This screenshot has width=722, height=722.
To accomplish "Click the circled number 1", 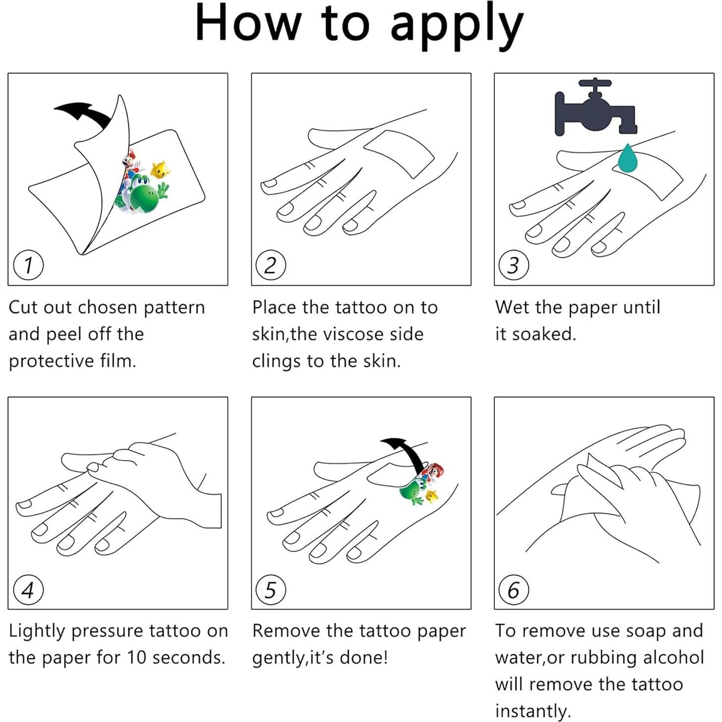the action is click(x=28, y=265).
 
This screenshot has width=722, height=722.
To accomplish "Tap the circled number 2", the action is click(x=271, y=265).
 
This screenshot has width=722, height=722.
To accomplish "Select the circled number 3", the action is click(x=514, y=265).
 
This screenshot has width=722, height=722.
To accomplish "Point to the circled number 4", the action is click(x=28, y=591).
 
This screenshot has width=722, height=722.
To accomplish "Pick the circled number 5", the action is click(x=271, y=591).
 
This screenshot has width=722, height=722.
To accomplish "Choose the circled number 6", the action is click(x=514, y=591).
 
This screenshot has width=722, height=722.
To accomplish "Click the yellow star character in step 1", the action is click(x=161, y=169).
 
